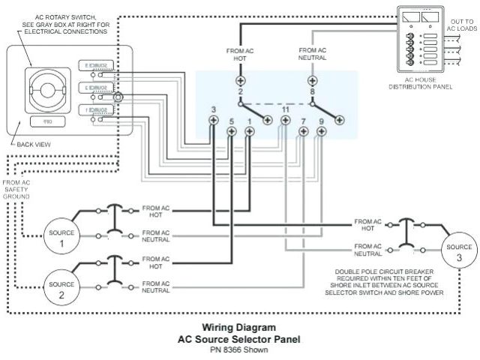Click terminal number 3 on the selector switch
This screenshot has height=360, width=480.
[213, 121]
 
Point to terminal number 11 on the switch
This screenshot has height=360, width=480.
[286, 121]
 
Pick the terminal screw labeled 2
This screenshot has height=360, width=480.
[240, 80]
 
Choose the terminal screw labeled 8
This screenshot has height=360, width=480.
[312, 80]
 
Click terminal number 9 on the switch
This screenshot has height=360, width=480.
[322, 131]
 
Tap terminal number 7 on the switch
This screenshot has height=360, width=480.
[303, 131]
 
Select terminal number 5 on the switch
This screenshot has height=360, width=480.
[231, 131]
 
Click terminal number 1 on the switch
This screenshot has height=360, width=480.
[250, 131]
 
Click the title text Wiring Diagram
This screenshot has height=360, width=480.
[239, 327]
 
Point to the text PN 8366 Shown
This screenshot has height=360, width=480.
[239, 349]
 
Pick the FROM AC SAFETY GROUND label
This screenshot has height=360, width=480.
[16, 192]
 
